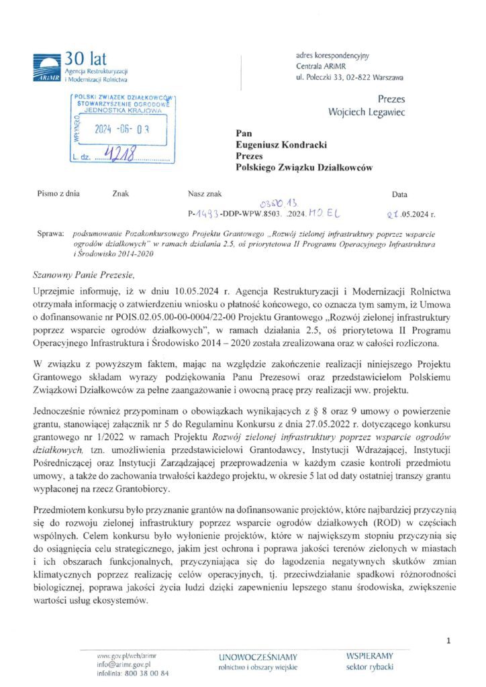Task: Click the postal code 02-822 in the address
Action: [364, 78]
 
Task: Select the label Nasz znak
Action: [205, 194]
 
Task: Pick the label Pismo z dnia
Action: [58, 194]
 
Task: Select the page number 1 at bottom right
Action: [448, 642]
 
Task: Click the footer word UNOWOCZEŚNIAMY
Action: [258, 657]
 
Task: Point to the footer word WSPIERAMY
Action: [370, 655]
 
